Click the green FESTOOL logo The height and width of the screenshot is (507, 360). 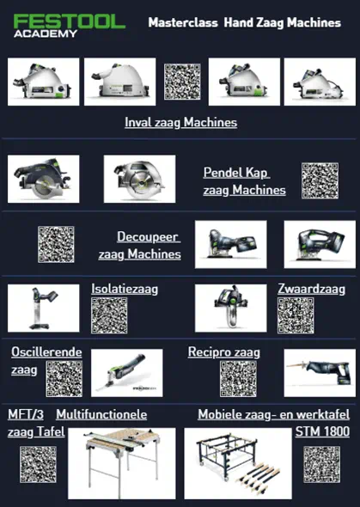pyautogui.click(x=69, y=21)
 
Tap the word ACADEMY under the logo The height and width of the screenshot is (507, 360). pyautogui.click(x=46, y=34)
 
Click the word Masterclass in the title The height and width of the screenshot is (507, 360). pyautogui.click(x=183, y=22)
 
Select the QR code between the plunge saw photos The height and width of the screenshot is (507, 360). pyautogui.click(x=182, y=82)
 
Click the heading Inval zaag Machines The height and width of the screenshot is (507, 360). pyautogui.click(x=181, y=122)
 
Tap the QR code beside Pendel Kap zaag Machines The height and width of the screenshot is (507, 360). pyautogui.click(x=320, y=180)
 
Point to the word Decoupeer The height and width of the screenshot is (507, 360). pyautogui.click(x=148, y=236)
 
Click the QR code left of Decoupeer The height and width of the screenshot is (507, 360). pyautogui.click(x=56, y=244)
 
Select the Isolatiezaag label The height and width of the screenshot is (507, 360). pyautogui.click(x=125, y=289)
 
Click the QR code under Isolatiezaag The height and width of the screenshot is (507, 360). pyautogui.click(x=109, y=315)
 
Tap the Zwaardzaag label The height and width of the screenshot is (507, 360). pyautogui.click(x=312, y=289)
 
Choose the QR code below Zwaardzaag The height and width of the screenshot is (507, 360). pyautogui.click(x=296, y=315)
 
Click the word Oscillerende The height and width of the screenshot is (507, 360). pyautogui.click(x=46, y=352)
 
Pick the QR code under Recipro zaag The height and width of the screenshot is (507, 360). pyautogui.click(x=239, y=379)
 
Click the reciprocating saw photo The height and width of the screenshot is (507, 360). pyautogui.click(x=320, y=373)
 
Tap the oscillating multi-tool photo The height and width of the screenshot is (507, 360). pyautogui.click(x=127, y=373)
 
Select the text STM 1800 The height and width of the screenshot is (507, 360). pyautogui.click(x=322, y=431)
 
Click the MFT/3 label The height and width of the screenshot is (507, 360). pyautogui.click(x=26, y=414)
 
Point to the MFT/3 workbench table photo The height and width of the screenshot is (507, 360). pyautogui.click(x=122, y=463)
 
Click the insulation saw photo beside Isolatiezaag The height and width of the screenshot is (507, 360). pyautogui.click(x=43, y=308)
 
